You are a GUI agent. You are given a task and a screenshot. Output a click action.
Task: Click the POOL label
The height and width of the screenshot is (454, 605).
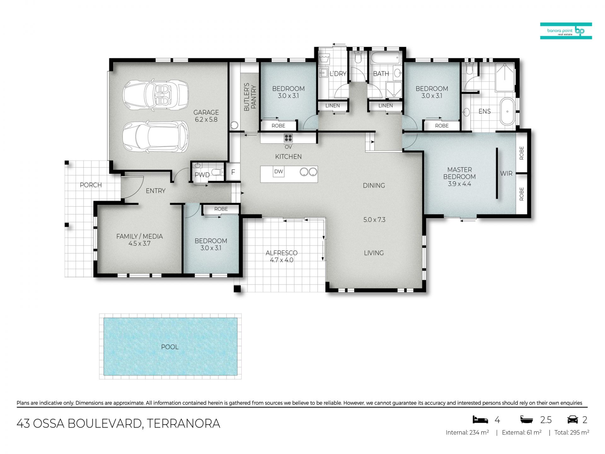170,347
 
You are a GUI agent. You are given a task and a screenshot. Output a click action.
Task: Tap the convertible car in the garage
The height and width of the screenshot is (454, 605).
156,94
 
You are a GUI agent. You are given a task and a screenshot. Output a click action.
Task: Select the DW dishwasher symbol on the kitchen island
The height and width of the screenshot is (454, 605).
279,172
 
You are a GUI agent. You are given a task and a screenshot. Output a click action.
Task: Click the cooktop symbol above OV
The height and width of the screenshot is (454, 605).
288,138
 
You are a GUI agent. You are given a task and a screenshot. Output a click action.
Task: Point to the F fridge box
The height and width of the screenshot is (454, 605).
233,172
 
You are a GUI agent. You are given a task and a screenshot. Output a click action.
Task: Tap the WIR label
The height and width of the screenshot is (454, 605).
506,173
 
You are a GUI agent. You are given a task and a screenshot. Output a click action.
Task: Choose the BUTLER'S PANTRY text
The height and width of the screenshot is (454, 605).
250,97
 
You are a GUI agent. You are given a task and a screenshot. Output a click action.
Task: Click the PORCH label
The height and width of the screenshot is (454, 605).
91,185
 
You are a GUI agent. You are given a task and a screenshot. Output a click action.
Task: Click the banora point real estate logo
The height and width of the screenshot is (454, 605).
566,31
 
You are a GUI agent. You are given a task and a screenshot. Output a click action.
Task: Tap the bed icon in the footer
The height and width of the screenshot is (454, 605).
480,420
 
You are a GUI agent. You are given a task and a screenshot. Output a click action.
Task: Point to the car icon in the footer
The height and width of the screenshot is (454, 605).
573,420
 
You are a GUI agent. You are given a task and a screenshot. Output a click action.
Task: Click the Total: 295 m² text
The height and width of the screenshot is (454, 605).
572,433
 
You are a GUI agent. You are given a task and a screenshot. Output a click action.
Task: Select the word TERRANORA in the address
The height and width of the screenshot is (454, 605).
183,423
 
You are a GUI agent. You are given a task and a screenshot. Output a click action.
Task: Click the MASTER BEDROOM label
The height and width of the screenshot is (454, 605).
459,173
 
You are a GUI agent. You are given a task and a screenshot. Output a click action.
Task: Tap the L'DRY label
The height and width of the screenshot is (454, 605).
338,74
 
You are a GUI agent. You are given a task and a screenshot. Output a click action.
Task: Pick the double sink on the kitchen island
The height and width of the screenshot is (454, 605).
308,172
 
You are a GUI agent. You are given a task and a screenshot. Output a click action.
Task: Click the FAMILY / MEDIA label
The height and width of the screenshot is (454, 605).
139,236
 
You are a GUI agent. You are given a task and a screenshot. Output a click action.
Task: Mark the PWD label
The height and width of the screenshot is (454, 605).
202,175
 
